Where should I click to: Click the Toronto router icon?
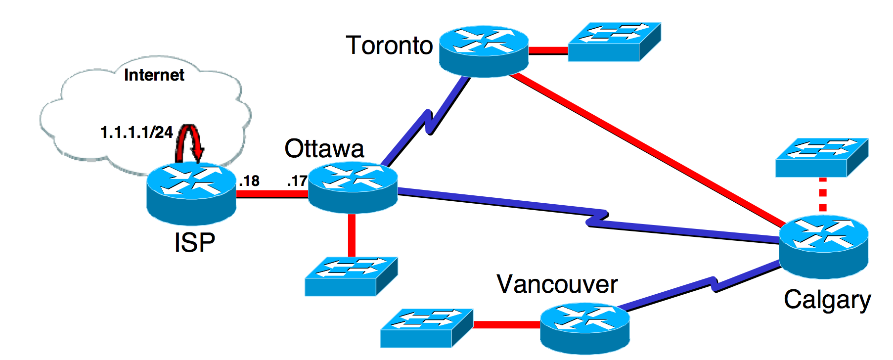click(484, 50)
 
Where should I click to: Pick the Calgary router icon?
click(823, 246)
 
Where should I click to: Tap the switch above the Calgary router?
click(821, 157)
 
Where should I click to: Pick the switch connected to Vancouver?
click(426, 328)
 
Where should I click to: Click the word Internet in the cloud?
click(154, 75)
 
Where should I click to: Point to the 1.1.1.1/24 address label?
click(136, 133)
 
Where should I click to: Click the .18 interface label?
click(249, 181)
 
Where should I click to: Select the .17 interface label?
click(297, 181)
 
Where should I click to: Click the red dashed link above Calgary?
click(822, 196)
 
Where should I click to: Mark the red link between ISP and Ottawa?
click(272, 194)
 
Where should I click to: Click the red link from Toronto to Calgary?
click(643, 148)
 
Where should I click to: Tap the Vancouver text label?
click(557, 284)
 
